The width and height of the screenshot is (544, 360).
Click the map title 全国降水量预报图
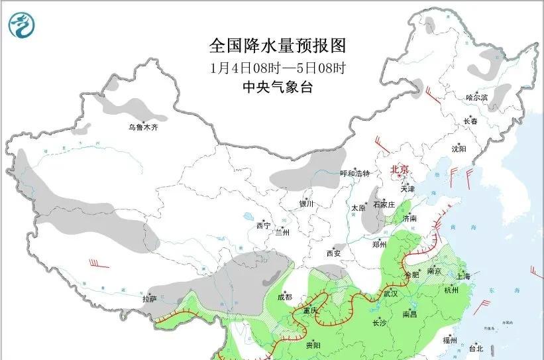pos(278,46)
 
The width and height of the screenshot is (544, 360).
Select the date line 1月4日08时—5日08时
pos(278,67)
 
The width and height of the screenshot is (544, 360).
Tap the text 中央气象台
pos(278,86)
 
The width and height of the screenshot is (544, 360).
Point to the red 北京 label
pos(401,170)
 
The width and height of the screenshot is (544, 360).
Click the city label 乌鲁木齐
pos(144,127)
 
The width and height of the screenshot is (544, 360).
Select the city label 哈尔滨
pos(476,97)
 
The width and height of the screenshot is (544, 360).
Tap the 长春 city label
pos(470,121)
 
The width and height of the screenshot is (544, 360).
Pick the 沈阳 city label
pos(459,149)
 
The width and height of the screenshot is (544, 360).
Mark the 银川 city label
pos(306,204)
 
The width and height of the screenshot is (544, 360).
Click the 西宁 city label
pos(263,225)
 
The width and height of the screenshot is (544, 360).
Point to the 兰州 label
pos(282,232)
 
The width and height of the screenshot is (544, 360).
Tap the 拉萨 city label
pos(149,299)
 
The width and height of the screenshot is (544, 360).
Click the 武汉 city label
pos(390,292)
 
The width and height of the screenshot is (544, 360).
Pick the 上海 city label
pos(464,276)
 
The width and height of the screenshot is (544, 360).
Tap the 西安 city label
pos(333,253)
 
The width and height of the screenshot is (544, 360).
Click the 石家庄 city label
pos(384,205)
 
